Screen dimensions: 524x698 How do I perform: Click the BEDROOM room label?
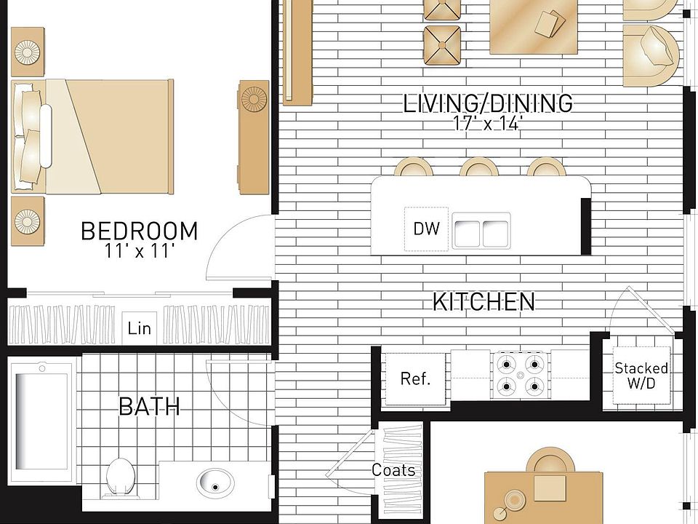coord(139,231)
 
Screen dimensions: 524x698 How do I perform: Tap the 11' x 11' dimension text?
coord(139,252)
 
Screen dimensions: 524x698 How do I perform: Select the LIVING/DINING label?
coord(488,103)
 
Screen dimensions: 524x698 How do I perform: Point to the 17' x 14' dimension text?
coord(488,124)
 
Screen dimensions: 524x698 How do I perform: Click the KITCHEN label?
coord(484,301)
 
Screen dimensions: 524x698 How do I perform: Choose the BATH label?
coord(149,406)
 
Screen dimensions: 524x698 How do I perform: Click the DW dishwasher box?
coord(427,229)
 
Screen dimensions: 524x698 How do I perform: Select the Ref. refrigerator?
coord(415,378)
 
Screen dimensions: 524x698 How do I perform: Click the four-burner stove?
coord(520,376)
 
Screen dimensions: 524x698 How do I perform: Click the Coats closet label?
coord(393,470)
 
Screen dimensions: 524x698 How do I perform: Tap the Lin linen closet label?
coord(139,328)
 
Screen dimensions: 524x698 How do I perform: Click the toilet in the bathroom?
coord(119,475)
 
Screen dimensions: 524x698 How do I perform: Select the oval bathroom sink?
coord(215,481)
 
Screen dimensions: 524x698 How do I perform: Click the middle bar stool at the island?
coord(478,168)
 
